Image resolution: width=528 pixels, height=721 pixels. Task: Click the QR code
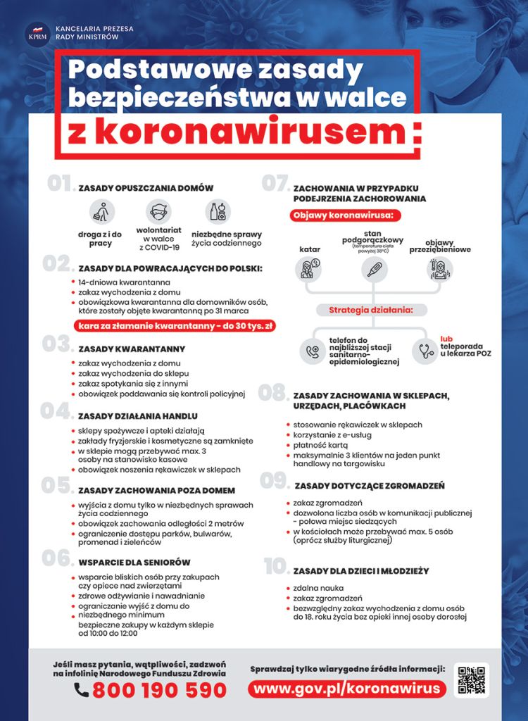470,680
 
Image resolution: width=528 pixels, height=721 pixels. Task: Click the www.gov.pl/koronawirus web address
346,688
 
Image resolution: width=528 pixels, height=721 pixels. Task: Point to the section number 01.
61,184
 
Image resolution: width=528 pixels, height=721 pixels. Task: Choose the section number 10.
276,567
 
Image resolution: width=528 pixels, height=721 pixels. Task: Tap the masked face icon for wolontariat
158,211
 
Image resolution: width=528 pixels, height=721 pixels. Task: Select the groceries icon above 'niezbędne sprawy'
219,211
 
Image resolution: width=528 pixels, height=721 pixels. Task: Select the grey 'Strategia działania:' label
370,310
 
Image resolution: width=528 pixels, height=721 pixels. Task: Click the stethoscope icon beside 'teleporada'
425,350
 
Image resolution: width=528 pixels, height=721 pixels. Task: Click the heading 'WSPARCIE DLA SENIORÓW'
134,563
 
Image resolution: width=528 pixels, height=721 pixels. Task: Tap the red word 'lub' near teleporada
447,339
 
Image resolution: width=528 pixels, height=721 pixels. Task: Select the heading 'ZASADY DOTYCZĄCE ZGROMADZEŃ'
370,486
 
